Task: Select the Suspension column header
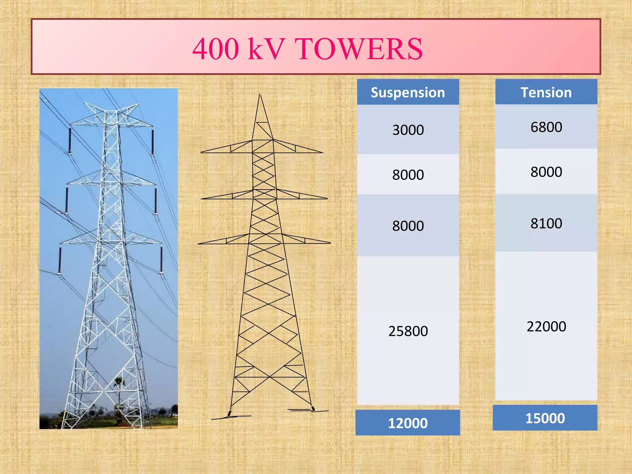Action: point(408,92)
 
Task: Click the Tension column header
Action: point(546,92)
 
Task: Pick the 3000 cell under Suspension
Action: point(408,130)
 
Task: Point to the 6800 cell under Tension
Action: point(546,127)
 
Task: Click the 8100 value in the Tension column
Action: point(546,223)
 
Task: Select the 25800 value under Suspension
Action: point(408,331)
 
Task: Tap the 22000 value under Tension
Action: point(546,326)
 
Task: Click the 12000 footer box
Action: point(408,423)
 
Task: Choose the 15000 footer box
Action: point(545,418)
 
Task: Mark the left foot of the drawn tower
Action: point(230,413)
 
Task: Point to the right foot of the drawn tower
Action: point(313,408)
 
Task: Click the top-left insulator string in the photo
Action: point(70,140)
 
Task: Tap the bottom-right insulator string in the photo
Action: point(161,259)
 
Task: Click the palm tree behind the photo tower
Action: point(119,386)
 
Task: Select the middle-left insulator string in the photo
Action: point(67,200)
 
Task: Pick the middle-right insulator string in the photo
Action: point(156,201)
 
